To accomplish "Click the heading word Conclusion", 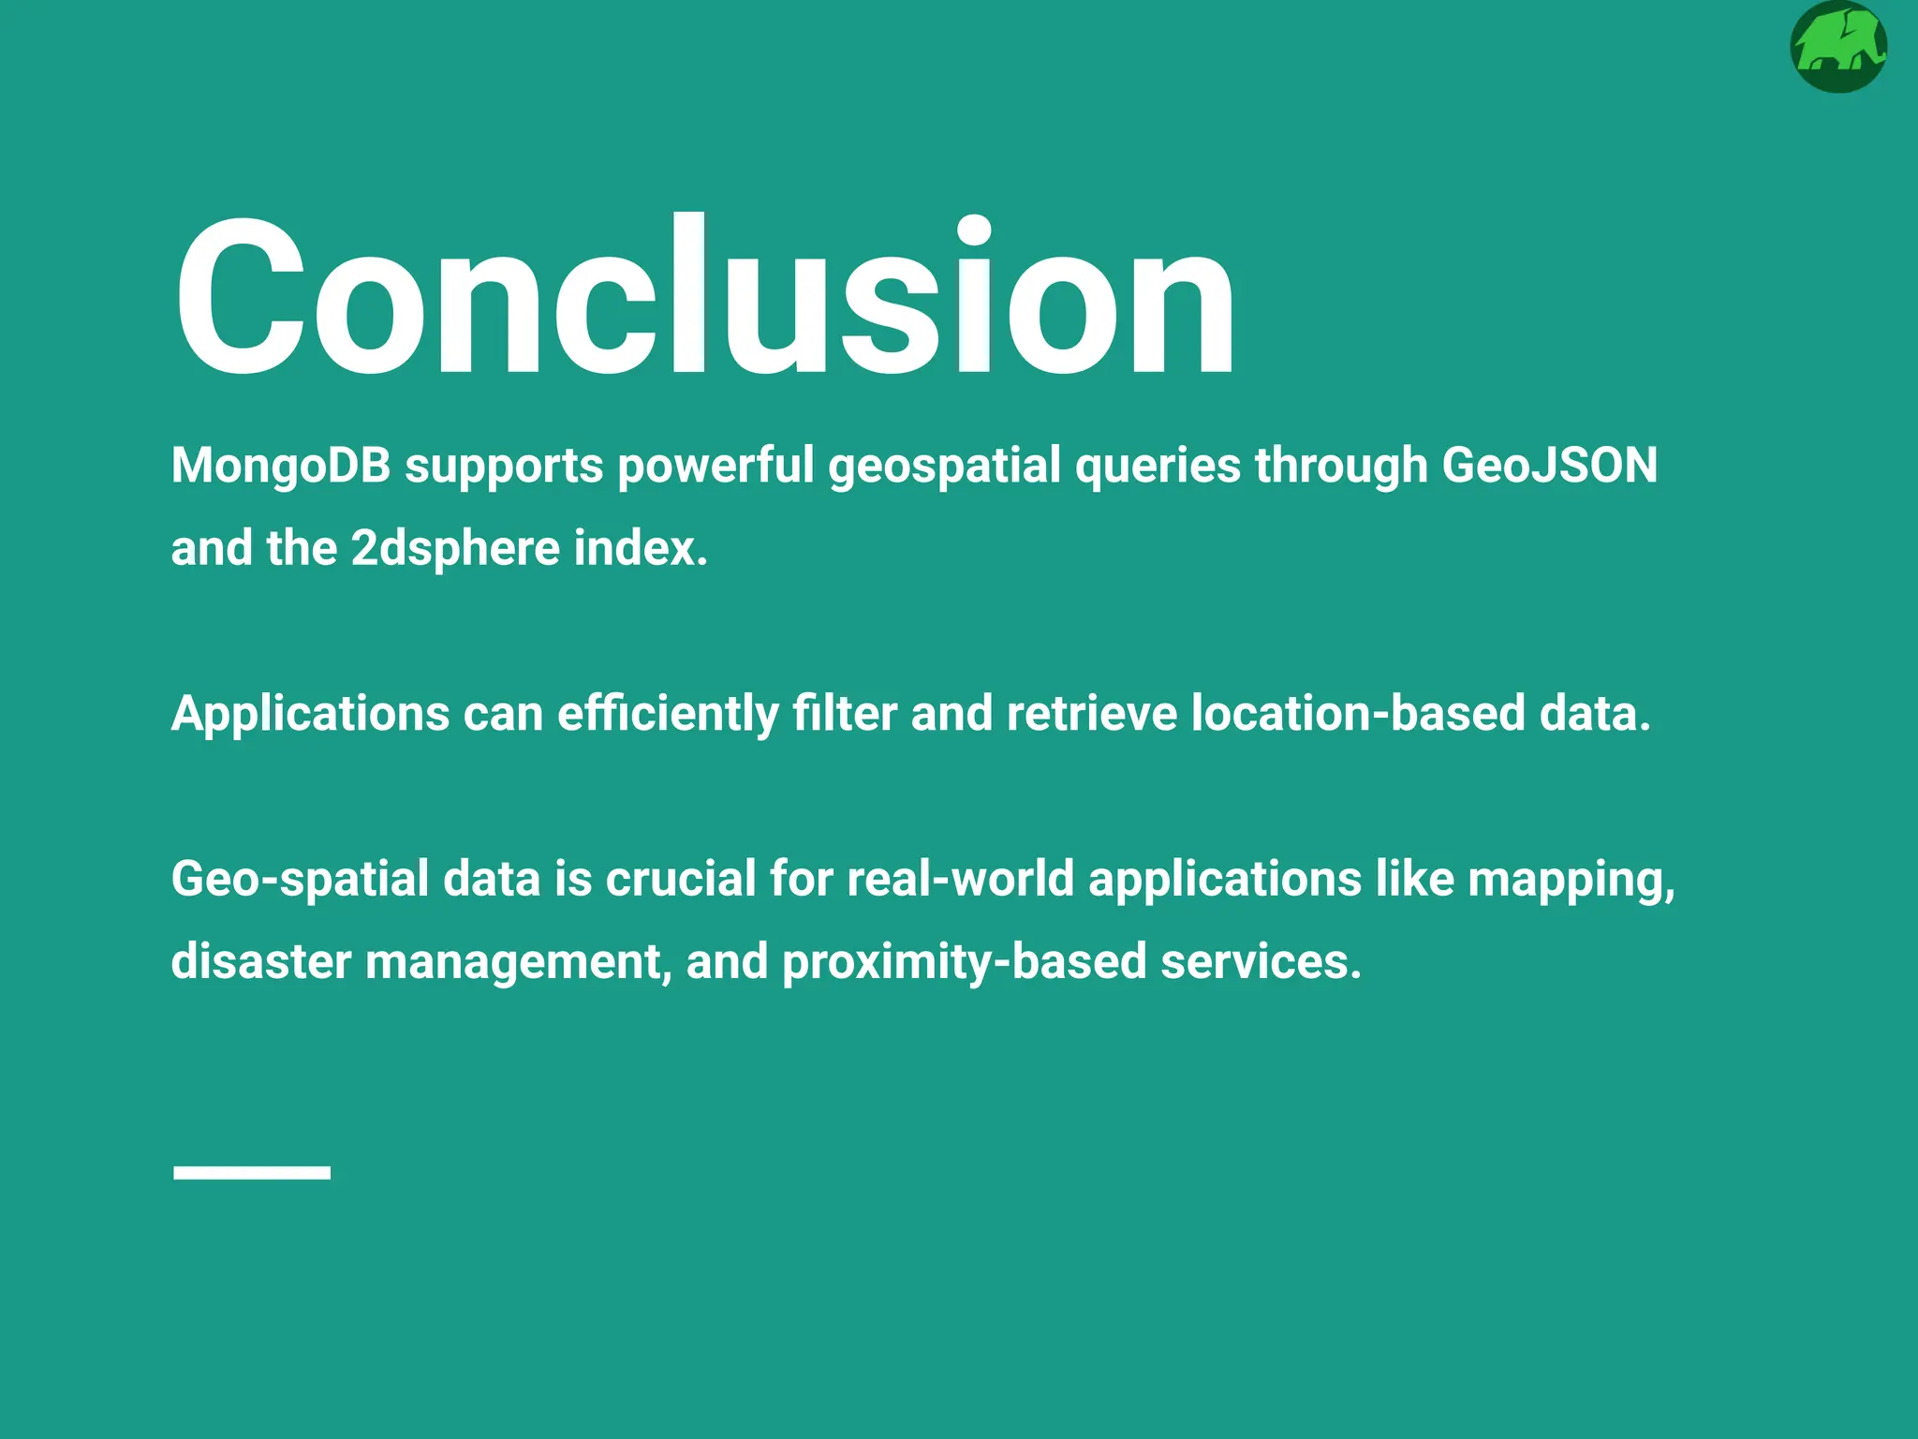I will tap(704, 298).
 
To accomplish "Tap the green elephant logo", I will tap(1837, 47).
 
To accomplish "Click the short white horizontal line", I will tap(251, 1172).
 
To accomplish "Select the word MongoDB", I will tap(280, 466).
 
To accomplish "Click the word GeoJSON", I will tap(1549, 466).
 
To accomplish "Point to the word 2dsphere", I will tap(455, 548).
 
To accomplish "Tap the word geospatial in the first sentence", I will tap(944, 466).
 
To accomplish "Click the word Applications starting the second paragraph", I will tap(310, 713).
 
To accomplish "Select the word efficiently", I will tap(668, 713).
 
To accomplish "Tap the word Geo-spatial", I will tap(299, 879).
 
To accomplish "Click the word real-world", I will tap(960, 879).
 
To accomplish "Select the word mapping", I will tap(1571, 881).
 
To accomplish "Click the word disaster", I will tap(260, 962).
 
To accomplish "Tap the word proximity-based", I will tap(964, 962).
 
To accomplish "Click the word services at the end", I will tap(1261, 962).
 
